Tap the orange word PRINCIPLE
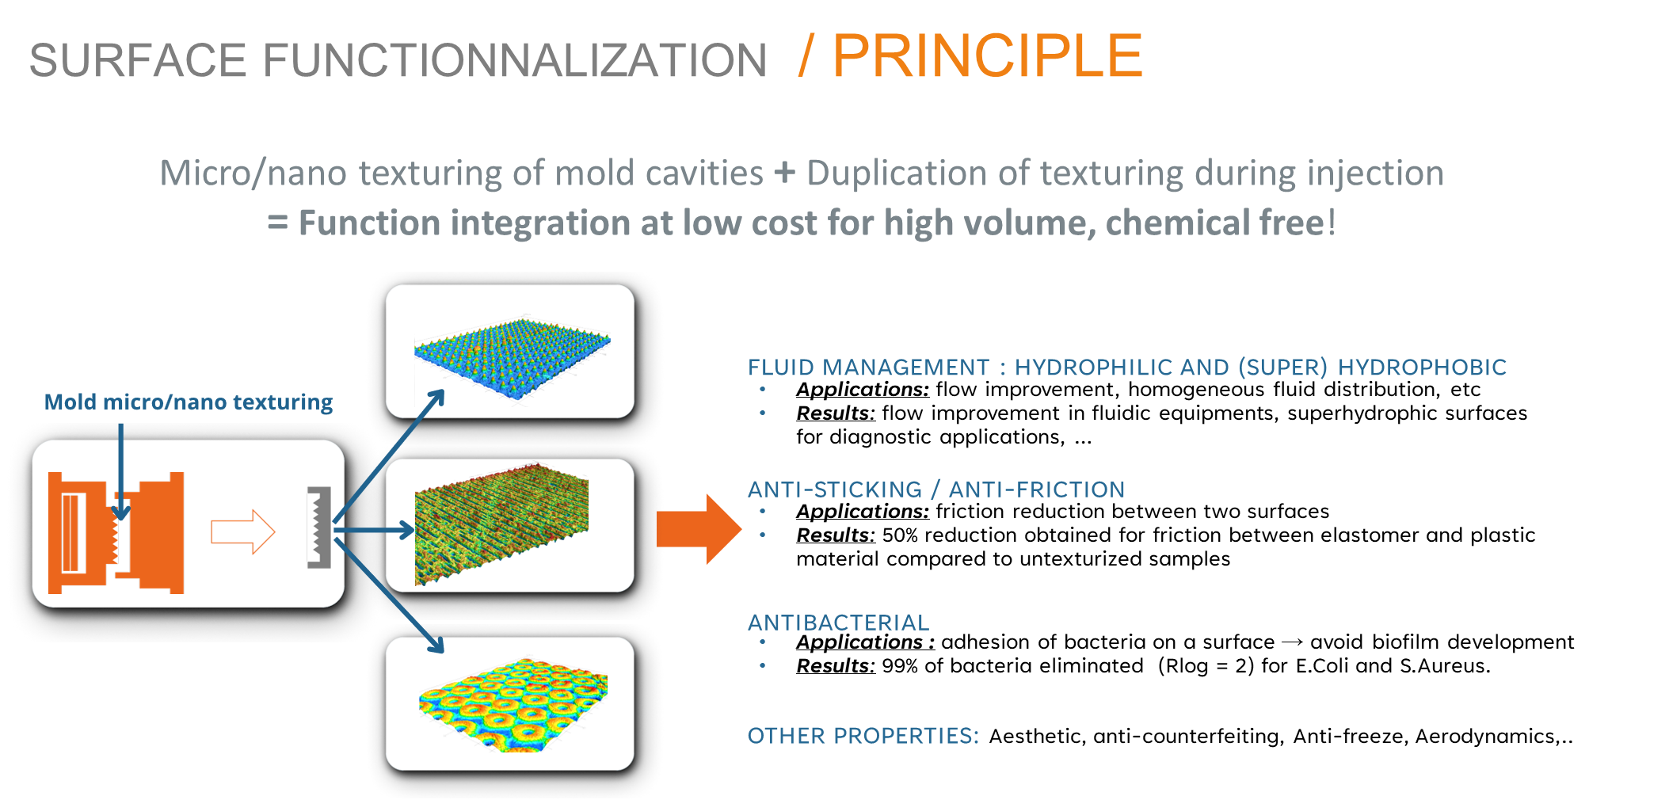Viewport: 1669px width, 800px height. point(987,56)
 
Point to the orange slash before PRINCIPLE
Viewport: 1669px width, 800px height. point(806,56)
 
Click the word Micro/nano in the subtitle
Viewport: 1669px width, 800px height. point(253,173)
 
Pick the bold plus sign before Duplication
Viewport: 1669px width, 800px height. point(784,173)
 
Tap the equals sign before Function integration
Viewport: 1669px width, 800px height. point(277,223)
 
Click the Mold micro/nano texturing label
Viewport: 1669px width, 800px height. point(189,402)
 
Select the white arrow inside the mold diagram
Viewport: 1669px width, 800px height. point(242,531)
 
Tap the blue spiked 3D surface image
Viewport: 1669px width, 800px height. point(512,354)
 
